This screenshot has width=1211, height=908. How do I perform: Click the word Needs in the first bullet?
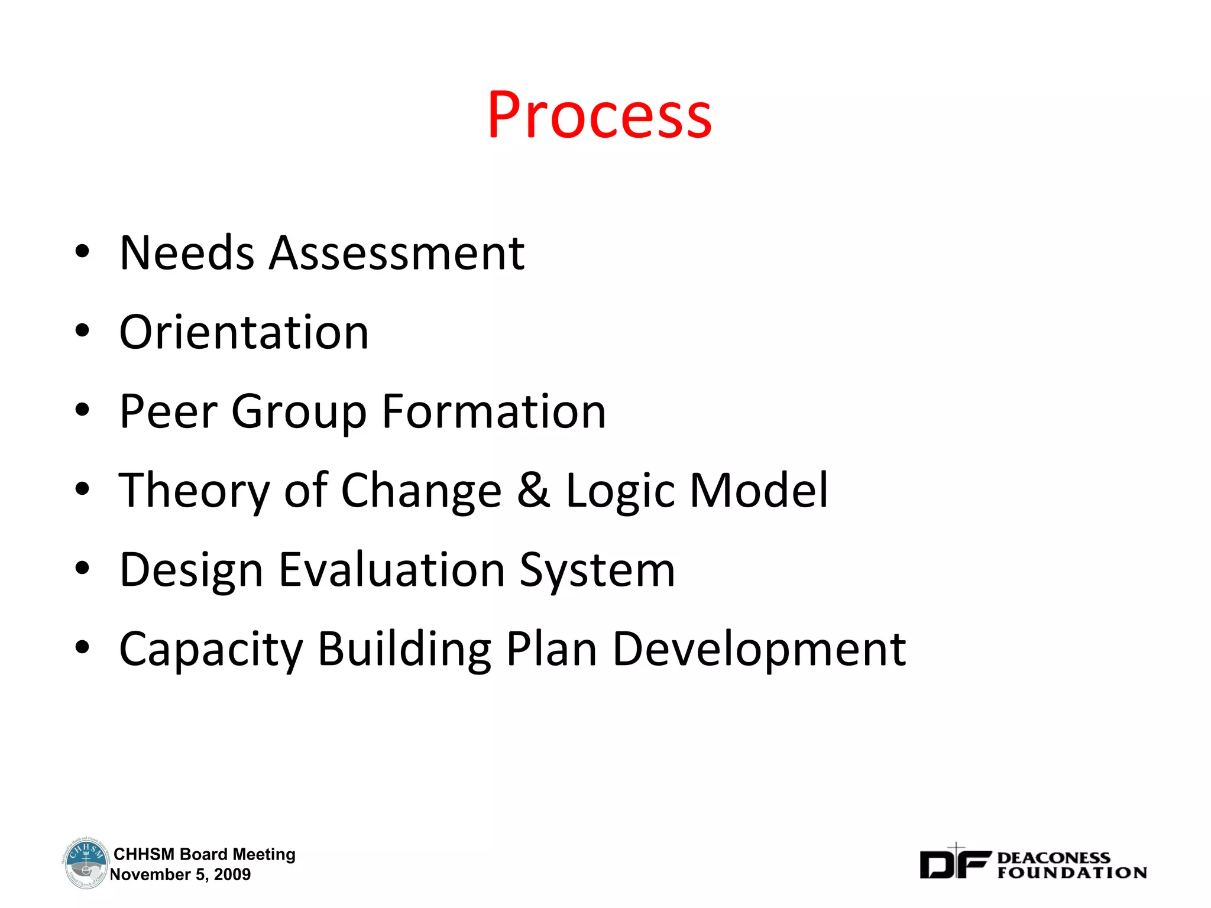coord(186,253)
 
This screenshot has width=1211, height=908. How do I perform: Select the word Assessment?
coord(397,253)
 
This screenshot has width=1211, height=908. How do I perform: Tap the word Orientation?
coord(244,332)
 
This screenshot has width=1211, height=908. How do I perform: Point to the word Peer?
coord(169,411)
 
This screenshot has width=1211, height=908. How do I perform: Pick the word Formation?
coord(494,411)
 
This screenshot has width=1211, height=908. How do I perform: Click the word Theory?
coord(194,491)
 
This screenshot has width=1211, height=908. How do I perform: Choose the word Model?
coord(759,491)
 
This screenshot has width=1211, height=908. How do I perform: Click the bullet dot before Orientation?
coord(82,331)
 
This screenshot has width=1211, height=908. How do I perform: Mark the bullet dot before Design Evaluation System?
coord(82,569)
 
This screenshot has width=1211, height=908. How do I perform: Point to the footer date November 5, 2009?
coord(180,874)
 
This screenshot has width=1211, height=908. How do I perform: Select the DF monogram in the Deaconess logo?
coord(954,864)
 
